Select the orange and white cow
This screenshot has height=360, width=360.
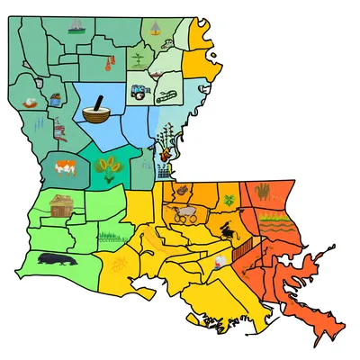pos(64,166)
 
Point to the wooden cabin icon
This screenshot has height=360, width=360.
pos(61,205)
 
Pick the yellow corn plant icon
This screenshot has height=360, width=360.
pos(107,166)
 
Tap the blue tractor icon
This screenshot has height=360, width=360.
pos(139,91)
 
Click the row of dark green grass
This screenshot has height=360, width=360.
pos(109,238)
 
